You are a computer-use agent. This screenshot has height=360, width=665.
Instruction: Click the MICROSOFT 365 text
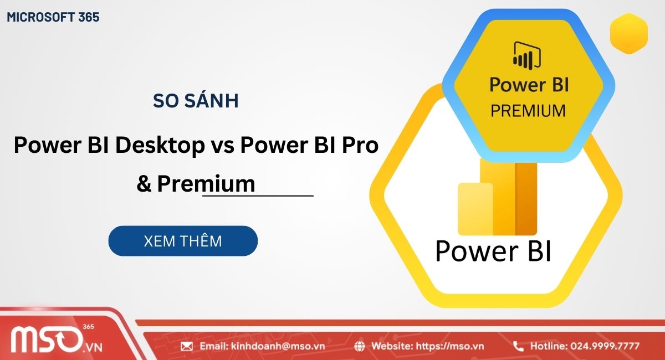(x=53, y=17)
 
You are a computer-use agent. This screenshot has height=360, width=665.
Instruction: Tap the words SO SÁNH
(x=196, y=101)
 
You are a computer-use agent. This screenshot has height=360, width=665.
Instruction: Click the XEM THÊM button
(x=183, y=241)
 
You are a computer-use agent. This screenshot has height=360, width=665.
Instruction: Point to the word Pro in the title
(x=360, y=146)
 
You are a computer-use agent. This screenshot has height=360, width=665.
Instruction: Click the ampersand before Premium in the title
(x=144, y=183)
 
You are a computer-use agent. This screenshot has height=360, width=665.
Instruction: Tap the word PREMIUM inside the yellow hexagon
(x=528, y=110)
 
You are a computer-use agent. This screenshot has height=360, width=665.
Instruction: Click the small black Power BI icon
(x=527, y=55)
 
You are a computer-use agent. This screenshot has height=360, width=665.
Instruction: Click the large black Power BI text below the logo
(x=493, y=251)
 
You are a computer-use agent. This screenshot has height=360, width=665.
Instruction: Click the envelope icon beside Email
(x=187, y=346)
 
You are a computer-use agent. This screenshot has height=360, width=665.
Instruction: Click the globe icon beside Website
(x=360, y=346)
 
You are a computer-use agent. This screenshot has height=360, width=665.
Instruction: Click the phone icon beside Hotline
(x=518, y=346)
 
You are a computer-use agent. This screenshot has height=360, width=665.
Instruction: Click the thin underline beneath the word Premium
(x=258, y=196)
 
